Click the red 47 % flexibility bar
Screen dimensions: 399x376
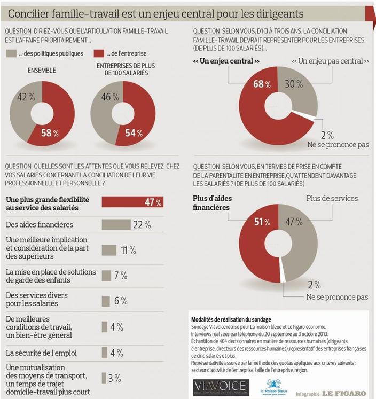point(132,202)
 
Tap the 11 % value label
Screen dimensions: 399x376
point(128,250)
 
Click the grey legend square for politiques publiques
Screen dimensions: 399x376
point(11,54)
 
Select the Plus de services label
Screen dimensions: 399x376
point(331,198)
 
